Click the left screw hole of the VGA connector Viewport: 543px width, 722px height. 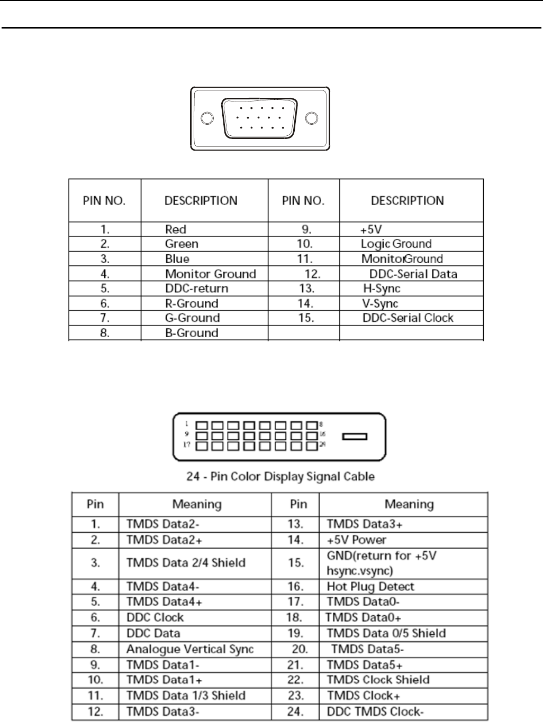pyautogui.click(x=208, y=119)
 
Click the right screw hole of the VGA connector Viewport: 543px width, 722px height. pyautogui.click(x=312, y=119)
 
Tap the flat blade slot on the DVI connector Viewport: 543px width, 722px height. pyautogui.click(x=355, y=437)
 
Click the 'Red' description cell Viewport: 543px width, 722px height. pyautogui.click(x=176, y=229)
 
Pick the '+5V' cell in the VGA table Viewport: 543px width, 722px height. pyautogui.click(x=371, y=229)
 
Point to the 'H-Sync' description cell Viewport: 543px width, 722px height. pyautogui.click(x=382, y=289)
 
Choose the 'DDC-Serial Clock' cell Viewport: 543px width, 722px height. pyautogui.click(x=408, y=318)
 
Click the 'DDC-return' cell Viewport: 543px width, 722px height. pyautogui.click(x=196, y=289)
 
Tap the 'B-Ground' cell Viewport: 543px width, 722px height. pyautogui.click(x=191, y=333)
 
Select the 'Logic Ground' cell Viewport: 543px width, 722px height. pyautogui.click(x=396, y=244)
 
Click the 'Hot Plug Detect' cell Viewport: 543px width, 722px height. pyautogui.click(x=370, y=587)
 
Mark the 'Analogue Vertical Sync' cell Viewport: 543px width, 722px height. pyautogui.click(x=190, y=649)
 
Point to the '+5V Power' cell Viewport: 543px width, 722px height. pyautogui.click(x=356, y=540)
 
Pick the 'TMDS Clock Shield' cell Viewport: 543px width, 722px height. pyautogui.click(x=378, y=680)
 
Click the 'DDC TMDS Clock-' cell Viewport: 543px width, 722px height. pyautogui.click(x=375, y=711)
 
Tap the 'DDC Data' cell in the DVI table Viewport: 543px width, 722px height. pyautogui.click(x=153, y=633)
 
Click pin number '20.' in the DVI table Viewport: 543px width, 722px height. pyautogui.click(x=299, y=649)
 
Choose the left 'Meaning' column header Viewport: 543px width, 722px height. pyautogui.click(x=197, y=504)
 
